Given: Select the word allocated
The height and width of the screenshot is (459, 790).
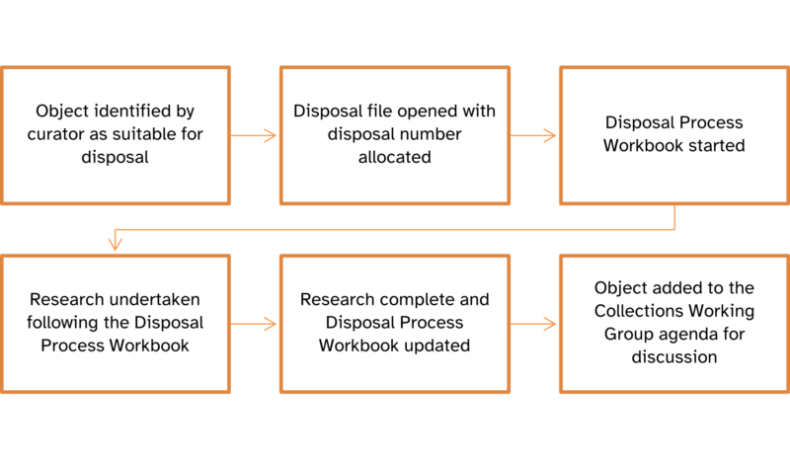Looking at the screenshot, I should coord(394,157).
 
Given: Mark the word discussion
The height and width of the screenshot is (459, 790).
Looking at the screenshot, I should coord(674,356).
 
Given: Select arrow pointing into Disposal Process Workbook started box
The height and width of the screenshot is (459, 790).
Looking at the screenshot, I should coord(534,135).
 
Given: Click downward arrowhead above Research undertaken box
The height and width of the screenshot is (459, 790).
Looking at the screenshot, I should coord(116,243).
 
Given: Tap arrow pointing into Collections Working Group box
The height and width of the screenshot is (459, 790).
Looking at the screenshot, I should coord(534,324).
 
